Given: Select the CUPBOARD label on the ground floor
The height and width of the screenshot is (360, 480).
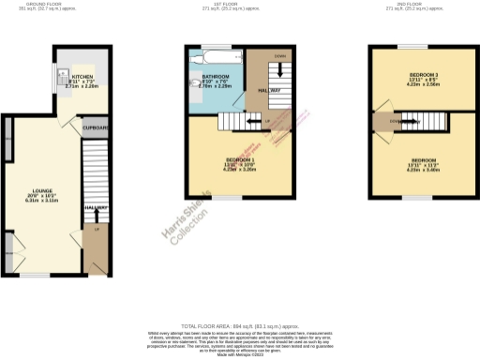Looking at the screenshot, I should (96, 127).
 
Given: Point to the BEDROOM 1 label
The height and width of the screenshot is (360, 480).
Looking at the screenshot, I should (227, 160).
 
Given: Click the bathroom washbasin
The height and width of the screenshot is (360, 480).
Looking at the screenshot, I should (194, 86).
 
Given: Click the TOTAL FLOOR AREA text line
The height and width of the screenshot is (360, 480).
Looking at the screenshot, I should (239, 323).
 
